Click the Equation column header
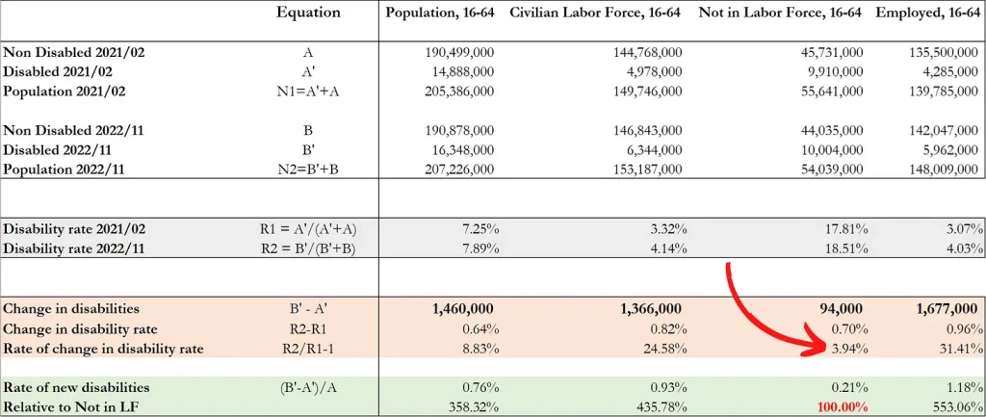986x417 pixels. [x=308, y=13]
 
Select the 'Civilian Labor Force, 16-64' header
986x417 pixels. [x=594, y=13]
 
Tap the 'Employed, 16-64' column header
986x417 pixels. [x=929, y=13]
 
